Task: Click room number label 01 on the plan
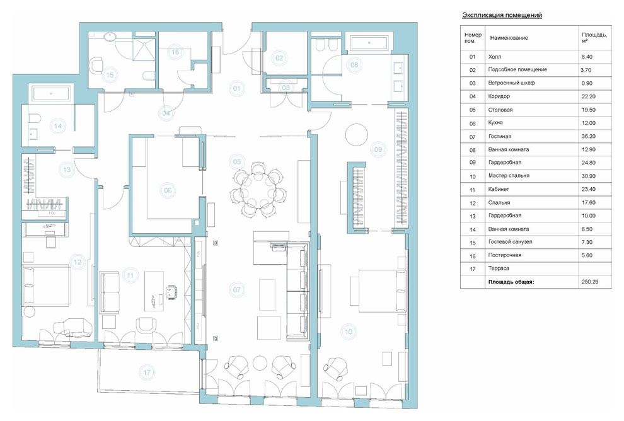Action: (x=237, y=88)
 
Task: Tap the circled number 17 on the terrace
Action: (x=147, y=372)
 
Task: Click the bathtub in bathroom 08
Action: (x=369, y=43)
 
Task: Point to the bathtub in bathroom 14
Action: (x=51, y=93)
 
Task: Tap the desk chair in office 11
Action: (x=171, y=291)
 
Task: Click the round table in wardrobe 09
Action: (x=357, y=134)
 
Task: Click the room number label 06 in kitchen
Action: (x=168, y=190)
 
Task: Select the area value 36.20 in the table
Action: (x=588, y=136)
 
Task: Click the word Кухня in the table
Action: (x=495, y=122)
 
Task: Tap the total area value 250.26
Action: (x=590, y=282)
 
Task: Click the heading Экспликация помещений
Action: (x=502, y=15)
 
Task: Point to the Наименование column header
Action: (x=509, y=38)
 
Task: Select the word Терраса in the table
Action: (x=499, y=268)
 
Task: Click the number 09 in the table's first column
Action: (x=472, y=163)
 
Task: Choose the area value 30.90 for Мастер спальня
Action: (x=588, y=175)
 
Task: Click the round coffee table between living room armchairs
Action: (x=260, y=363)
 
